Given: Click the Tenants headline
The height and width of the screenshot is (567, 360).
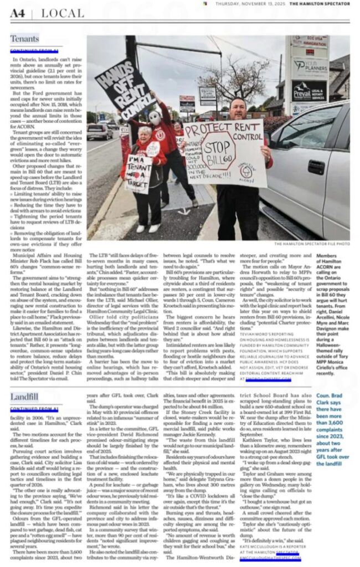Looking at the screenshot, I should [x=24, y=39].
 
